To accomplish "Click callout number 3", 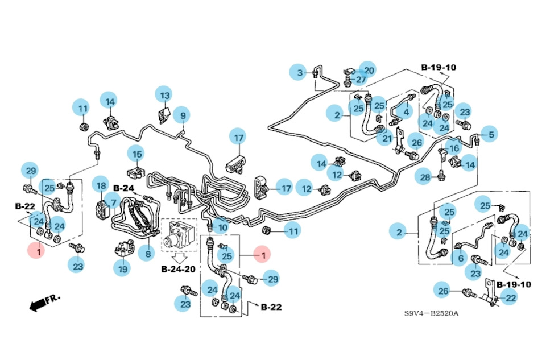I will coord(300,72).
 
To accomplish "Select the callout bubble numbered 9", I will coord(182,115).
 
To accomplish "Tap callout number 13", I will coord(164,95).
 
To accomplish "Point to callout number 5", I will coord(491,134).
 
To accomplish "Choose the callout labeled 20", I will coord(367,70).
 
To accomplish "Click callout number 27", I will coord(361,80).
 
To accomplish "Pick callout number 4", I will coord(406,112).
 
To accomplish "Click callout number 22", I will coord(510,297).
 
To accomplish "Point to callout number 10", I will coord(222,228).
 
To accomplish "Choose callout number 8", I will coord(148,254).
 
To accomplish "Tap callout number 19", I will coord(121,267).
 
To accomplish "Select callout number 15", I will coord(136,154).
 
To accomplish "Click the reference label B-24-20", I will coord(179,268).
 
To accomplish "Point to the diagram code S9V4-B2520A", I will coord(432,314).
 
